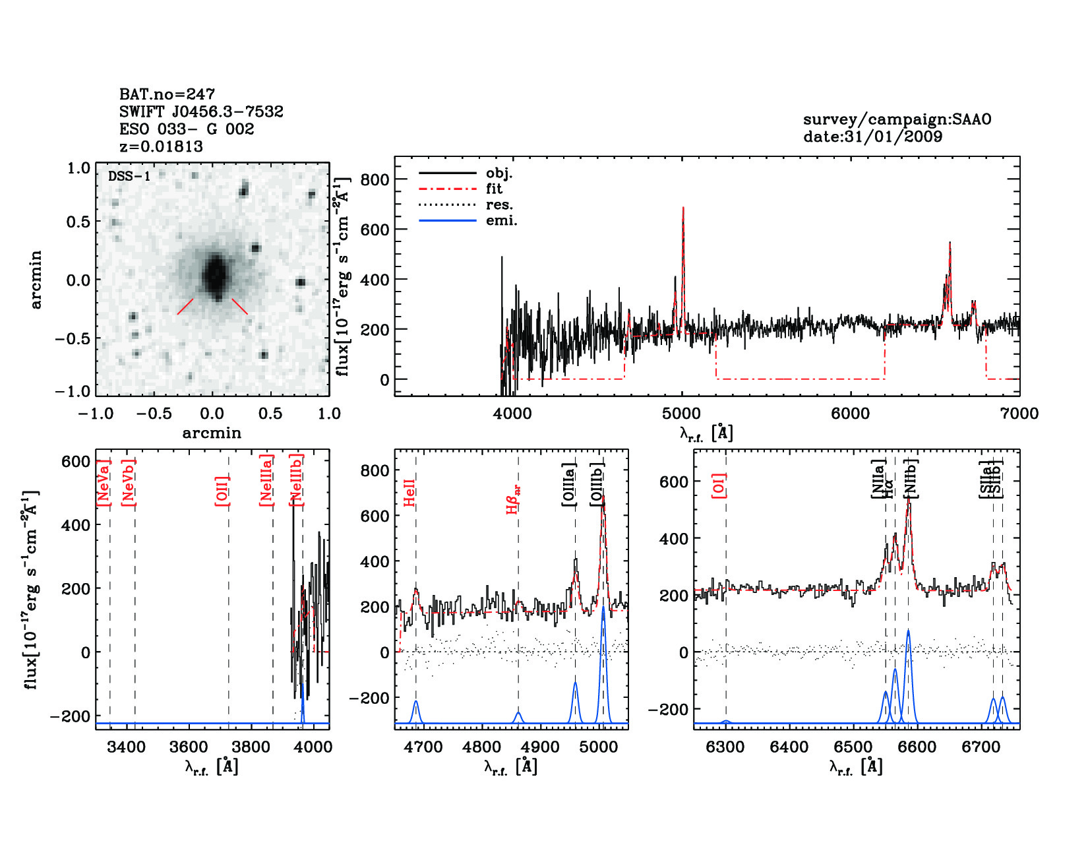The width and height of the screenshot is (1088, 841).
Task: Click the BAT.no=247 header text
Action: coord(167,94)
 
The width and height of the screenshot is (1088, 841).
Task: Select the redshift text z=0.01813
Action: coord(161,146)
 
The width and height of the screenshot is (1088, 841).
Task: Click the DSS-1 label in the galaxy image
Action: coord(129,177)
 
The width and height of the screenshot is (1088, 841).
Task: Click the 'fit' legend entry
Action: coord(494,189)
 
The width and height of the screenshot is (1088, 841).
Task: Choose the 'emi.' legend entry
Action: coord(501,221)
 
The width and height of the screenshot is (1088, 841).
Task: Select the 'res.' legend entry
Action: coord(499,205)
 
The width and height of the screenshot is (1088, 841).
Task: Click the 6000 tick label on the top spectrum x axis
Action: coord(850,414)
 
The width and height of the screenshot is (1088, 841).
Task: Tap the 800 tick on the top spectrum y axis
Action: coord(375,180)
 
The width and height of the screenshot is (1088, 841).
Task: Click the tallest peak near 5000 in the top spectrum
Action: coord(683,210)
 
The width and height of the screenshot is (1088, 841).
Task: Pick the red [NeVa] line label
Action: coord(104,483)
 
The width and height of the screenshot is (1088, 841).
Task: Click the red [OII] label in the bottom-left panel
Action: coord(222,491)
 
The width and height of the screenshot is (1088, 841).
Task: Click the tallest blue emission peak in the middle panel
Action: coord(603,608)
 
